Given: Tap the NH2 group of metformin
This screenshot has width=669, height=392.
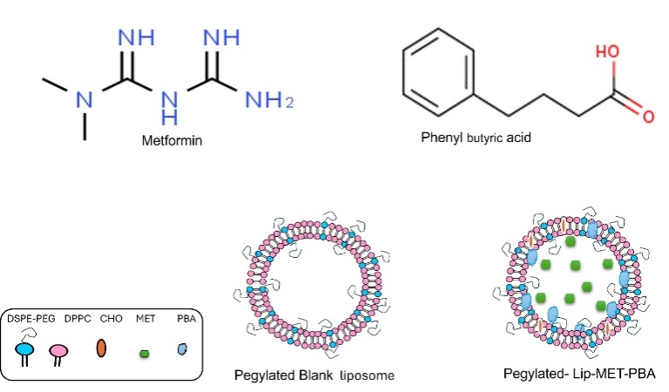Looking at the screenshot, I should click(267, 101).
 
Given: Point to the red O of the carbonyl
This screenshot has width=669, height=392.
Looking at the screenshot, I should click(648, 115).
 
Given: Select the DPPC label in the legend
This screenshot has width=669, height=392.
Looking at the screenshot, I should click(78, 318).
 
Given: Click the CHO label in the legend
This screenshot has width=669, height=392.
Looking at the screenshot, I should click(111, 318).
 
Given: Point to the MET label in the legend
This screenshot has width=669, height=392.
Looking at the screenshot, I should click(144, 318).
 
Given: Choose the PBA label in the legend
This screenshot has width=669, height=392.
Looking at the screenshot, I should click(185, 318).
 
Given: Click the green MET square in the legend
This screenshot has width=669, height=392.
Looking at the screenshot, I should click(144, 353).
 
